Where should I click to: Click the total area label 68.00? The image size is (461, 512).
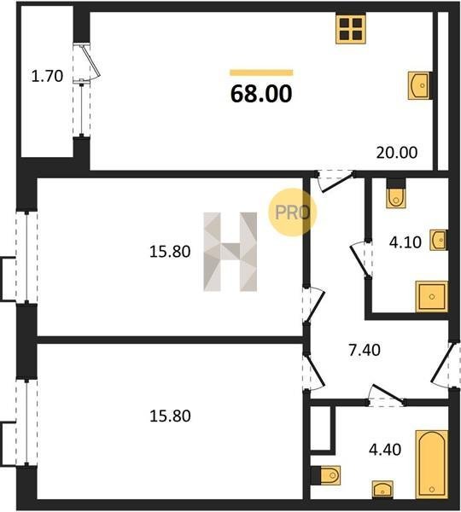coord(261,93)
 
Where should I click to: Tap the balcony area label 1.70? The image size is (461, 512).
coord(47,77)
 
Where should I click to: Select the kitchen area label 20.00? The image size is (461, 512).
coord(397,153)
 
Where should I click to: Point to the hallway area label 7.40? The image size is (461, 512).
coord(365,351)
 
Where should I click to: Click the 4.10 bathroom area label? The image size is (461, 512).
coord(406,242)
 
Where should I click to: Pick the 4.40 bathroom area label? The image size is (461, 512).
coord(385,450)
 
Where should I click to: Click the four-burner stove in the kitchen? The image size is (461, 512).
coord(351,29)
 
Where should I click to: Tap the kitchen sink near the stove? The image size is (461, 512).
coord(419,85)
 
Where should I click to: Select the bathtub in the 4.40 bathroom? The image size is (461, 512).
coord(432,464)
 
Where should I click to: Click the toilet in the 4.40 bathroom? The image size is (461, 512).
coord(327,475)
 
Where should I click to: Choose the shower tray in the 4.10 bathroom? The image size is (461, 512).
coord(432,296)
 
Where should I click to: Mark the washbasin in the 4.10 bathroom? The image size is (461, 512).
coord(439,240)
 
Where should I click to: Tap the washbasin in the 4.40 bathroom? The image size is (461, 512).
coord(382,490)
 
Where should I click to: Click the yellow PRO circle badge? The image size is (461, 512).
coord(293,212)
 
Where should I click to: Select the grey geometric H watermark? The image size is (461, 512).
coord(230,252)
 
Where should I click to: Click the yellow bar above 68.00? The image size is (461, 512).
coord(261,73)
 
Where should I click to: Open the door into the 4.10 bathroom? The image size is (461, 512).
coord(360,259)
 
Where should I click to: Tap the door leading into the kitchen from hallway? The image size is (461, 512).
coord(336,181)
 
